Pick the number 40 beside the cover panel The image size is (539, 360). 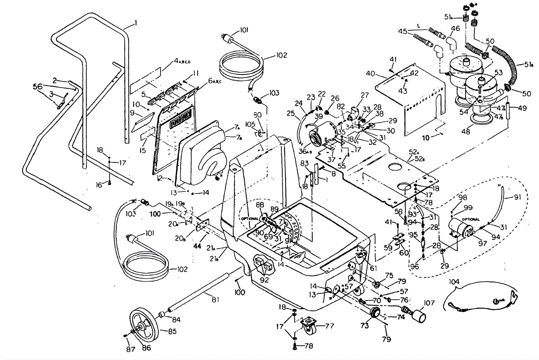[x=371, y=74]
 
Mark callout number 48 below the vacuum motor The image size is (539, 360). [x=466, y=132]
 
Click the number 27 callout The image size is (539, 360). [x=364, y=95]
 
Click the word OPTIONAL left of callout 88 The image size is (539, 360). [x=249, y=218]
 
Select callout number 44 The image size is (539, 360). [x=197, y=246]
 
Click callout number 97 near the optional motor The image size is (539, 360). [x=483, y=243]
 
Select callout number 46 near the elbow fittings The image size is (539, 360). [x=455, y=29]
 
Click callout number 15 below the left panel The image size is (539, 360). [x=143, y=150]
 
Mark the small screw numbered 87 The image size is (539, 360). [x=125, y=335]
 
